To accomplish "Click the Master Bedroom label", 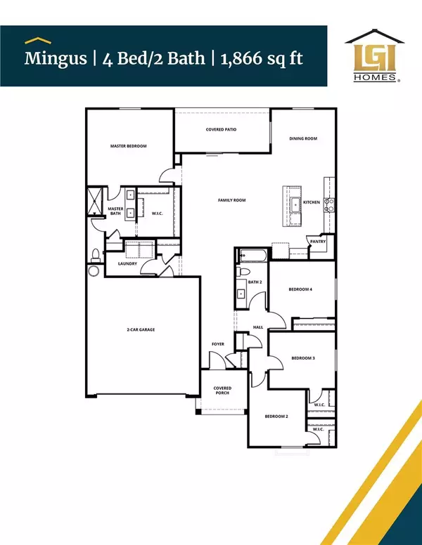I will click(x=128, y=146).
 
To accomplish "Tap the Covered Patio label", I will click(x=220, y=130).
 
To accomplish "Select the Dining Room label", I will click(x=303, y=138).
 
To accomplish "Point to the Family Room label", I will click(x=231, y=201).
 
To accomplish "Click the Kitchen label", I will click(x=312, y=202).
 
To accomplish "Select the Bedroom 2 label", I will click(x=276, y=416).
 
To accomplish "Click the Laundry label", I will click(x=127, y=264).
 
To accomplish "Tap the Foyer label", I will click(x=218, y=344).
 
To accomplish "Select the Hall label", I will click(x=258, y=327).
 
